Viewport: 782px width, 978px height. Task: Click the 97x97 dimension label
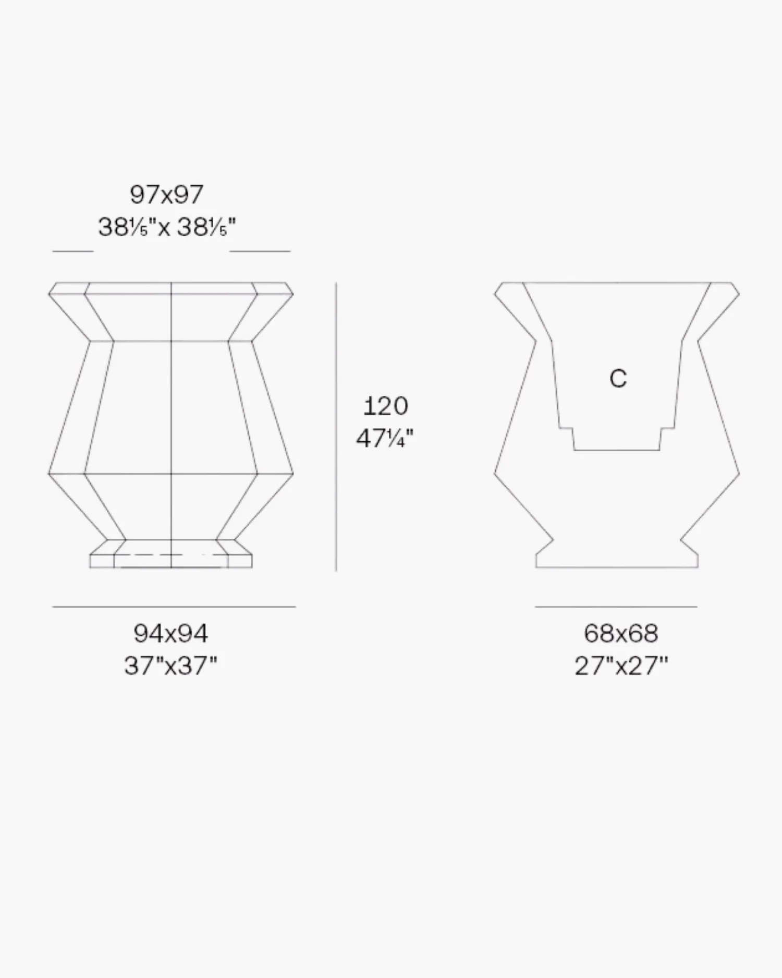[166, 195]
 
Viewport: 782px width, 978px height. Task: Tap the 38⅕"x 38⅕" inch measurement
[167, 227]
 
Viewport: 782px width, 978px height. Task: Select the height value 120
[385, 406]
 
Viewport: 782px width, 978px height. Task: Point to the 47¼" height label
[385, 439]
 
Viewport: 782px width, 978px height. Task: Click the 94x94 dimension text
[171, 634]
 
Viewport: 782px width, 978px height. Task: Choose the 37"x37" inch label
[170, 666]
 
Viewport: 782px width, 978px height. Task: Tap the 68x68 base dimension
[621, 634]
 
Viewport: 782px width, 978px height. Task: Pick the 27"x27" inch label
[621, 666]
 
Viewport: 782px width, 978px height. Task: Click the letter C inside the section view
[618, 379]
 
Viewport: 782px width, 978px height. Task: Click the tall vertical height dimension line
[336, 427]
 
